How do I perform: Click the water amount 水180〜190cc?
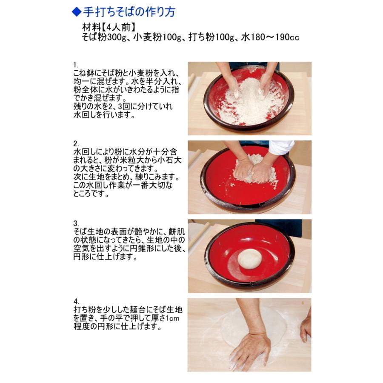coord(271,37)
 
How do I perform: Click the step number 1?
coord(76,65)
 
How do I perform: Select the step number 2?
coord(76,143)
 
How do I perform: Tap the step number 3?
coord(76,223)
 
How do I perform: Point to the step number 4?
coord(76,301)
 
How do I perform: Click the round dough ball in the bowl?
coord(250,259)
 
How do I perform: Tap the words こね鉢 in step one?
coord(84,72)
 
